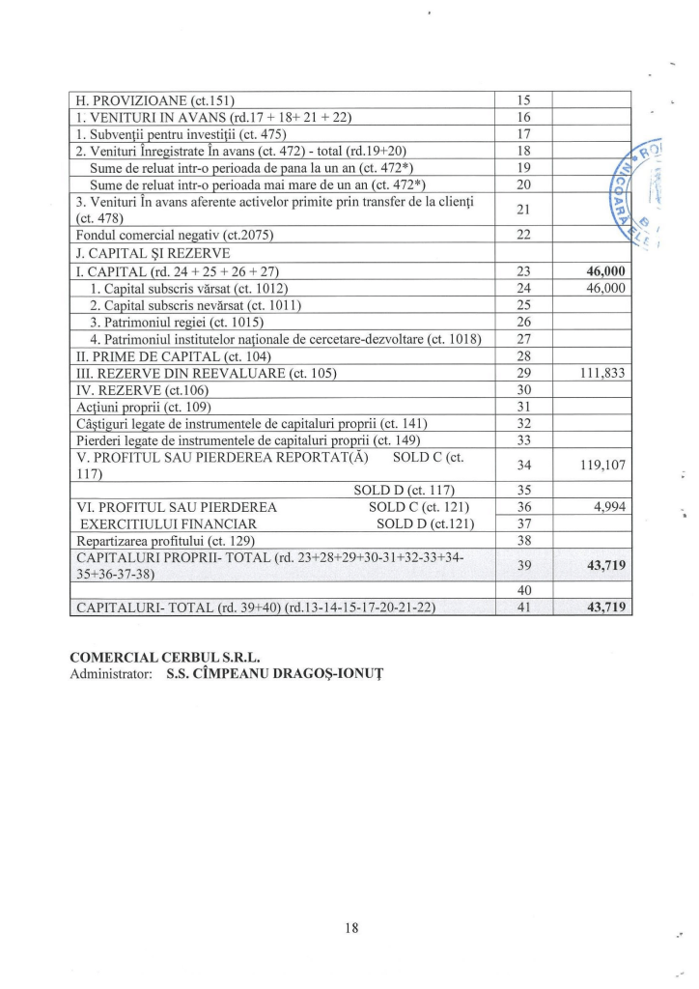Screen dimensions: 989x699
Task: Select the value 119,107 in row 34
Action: [x=603, y=465]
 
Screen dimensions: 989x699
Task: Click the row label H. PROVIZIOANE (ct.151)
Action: [x=154, y=99]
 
